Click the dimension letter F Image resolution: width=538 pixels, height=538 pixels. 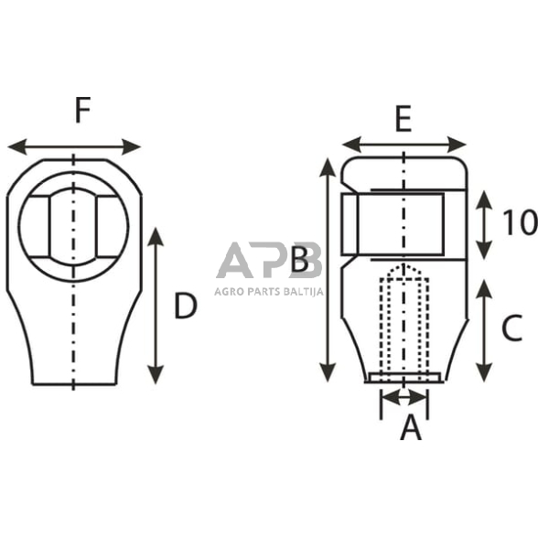point(82,112)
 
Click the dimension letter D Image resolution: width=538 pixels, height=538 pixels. point(186,307)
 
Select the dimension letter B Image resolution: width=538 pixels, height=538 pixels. point(300,264)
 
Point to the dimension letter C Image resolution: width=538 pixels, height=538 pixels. point(512,328)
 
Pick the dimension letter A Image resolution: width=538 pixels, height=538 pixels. point(411,426)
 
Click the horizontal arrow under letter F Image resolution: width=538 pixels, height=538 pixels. point(73,146)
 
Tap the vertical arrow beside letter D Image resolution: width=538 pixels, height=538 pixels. point(156,306)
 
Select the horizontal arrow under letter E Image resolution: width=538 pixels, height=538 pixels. point(403,144)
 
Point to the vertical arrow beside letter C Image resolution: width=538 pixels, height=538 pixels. point(485,330)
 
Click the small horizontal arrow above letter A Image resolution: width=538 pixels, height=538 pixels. point(403,397)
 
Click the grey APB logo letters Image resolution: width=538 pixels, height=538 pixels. point(269,261)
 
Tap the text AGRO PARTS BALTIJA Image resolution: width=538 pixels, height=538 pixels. point(268,290)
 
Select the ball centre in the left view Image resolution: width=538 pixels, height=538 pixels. point(73,219)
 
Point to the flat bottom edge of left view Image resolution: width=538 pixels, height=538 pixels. point(73,384)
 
